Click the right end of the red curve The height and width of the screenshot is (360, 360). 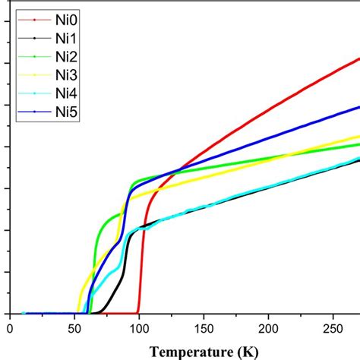point(358,58)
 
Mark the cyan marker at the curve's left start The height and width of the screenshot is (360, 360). point(24,312)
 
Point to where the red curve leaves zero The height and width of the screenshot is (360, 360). point(138,311)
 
